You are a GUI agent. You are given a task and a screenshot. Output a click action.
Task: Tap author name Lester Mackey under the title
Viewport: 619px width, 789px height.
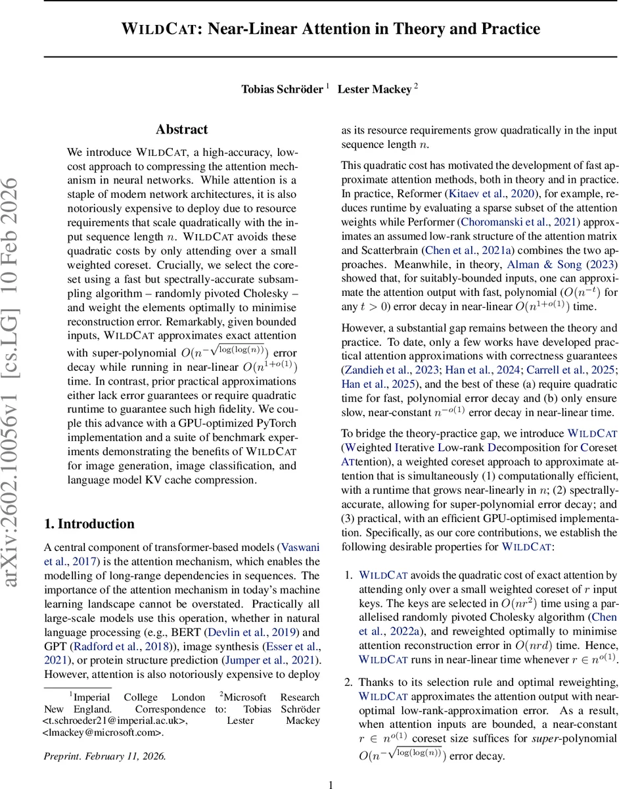pyautogui.click(x=375, y=89)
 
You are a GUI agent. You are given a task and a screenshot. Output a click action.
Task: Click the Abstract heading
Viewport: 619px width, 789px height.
pyautogui.click(x=181, y=130)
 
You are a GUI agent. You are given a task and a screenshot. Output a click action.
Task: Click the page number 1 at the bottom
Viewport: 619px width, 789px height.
pyautogui.click(x=331, y=783)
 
